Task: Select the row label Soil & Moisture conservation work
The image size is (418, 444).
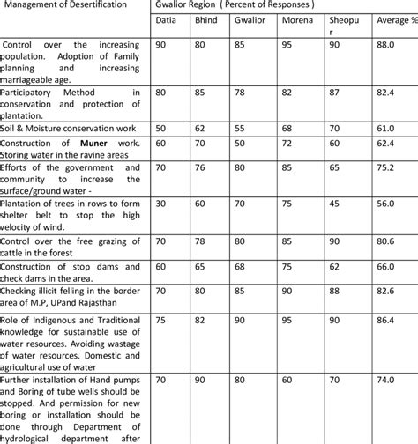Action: (68, 128)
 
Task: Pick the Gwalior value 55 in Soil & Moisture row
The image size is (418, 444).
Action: (241, 128)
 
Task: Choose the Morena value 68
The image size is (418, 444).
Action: (287, 128)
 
